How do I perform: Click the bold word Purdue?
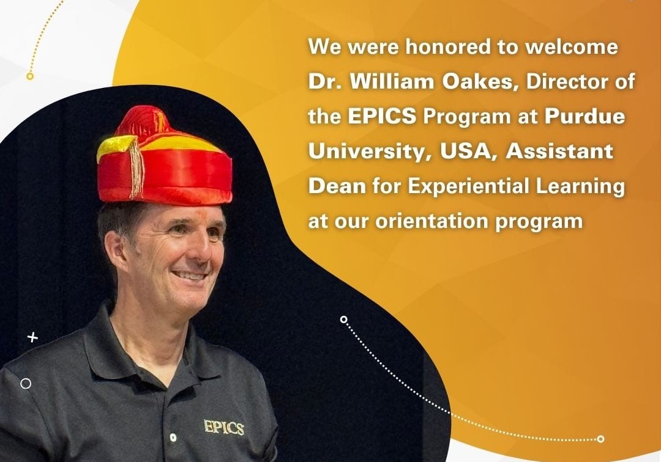[x=584, y=117]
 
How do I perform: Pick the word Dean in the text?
[x=337, y=186]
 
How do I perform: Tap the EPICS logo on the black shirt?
[x=224, y=427]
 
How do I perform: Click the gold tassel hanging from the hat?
[x=136, y=168]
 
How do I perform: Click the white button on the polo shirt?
[x=173, y=438]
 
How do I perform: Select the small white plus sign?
[x=32, y=337]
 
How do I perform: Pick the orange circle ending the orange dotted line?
[x=29, y=76]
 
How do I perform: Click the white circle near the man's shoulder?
[x=26, y=384]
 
